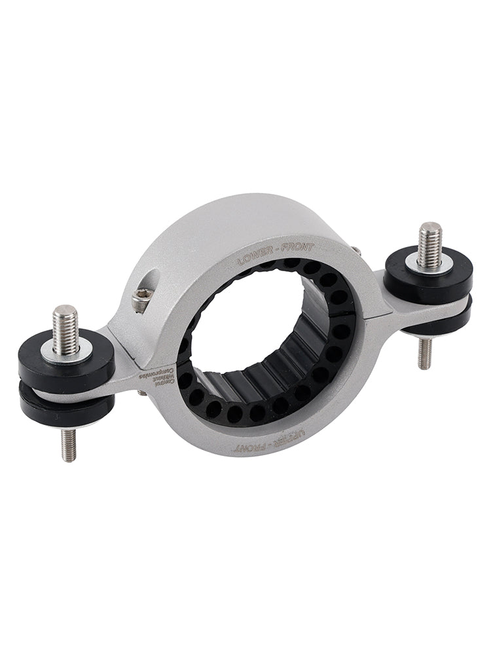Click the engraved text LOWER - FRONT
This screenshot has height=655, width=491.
pos(276,253)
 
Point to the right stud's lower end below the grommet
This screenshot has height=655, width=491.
pos(425,353)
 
